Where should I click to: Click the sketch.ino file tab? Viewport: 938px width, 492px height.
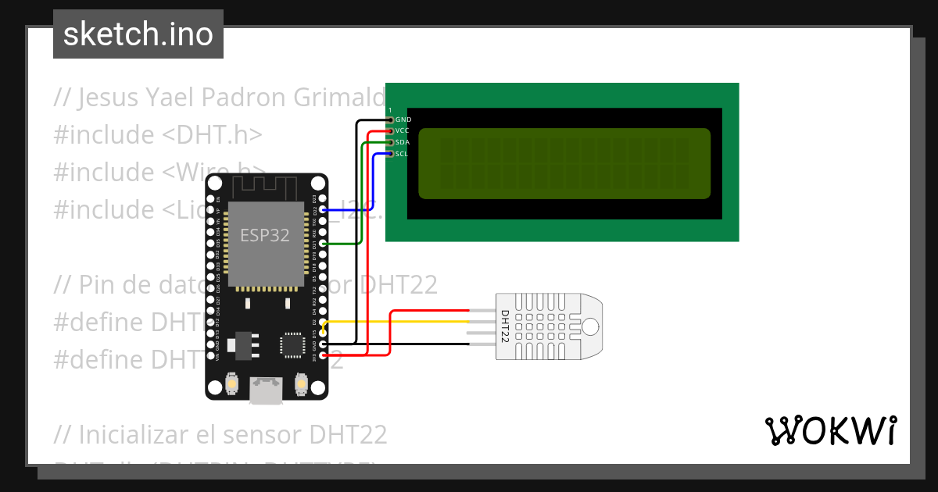click(x=138, y=34)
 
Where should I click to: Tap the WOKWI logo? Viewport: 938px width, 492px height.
click(x=829, y=430)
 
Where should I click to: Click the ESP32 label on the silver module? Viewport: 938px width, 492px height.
click(x=264, y=236)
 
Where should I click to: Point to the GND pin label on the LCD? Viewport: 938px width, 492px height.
click(x=403, y=119)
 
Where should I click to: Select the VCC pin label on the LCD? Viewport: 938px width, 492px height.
click(x=403, y=130)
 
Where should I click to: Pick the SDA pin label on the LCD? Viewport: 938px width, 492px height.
click(x=403, y=142)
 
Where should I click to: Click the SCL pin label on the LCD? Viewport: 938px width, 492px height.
click(x=402, y=154)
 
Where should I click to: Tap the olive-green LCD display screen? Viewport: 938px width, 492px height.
click(x=564, y=163)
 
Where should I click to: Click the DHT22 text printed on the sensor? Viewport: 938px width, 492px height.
click(x=505, y=326)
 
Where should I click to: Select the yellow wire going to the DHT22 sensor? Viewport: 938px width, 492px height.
click(x=406, y=320)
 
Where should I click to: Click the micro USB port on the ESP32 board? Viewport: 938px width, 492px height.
click(x=266, y=390)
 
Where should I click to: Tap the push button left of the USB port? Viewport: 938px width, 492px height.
click(x=232, y=383)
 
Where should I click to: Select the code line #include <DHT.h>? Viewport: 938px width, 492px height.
click(x=157, y=134)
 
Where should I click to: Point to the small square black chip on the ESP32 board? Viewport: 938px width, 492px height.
click(x=293, y=344)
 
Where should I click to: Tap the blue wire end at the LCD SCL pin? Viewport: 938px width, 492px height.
click(x=388, y=154)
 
